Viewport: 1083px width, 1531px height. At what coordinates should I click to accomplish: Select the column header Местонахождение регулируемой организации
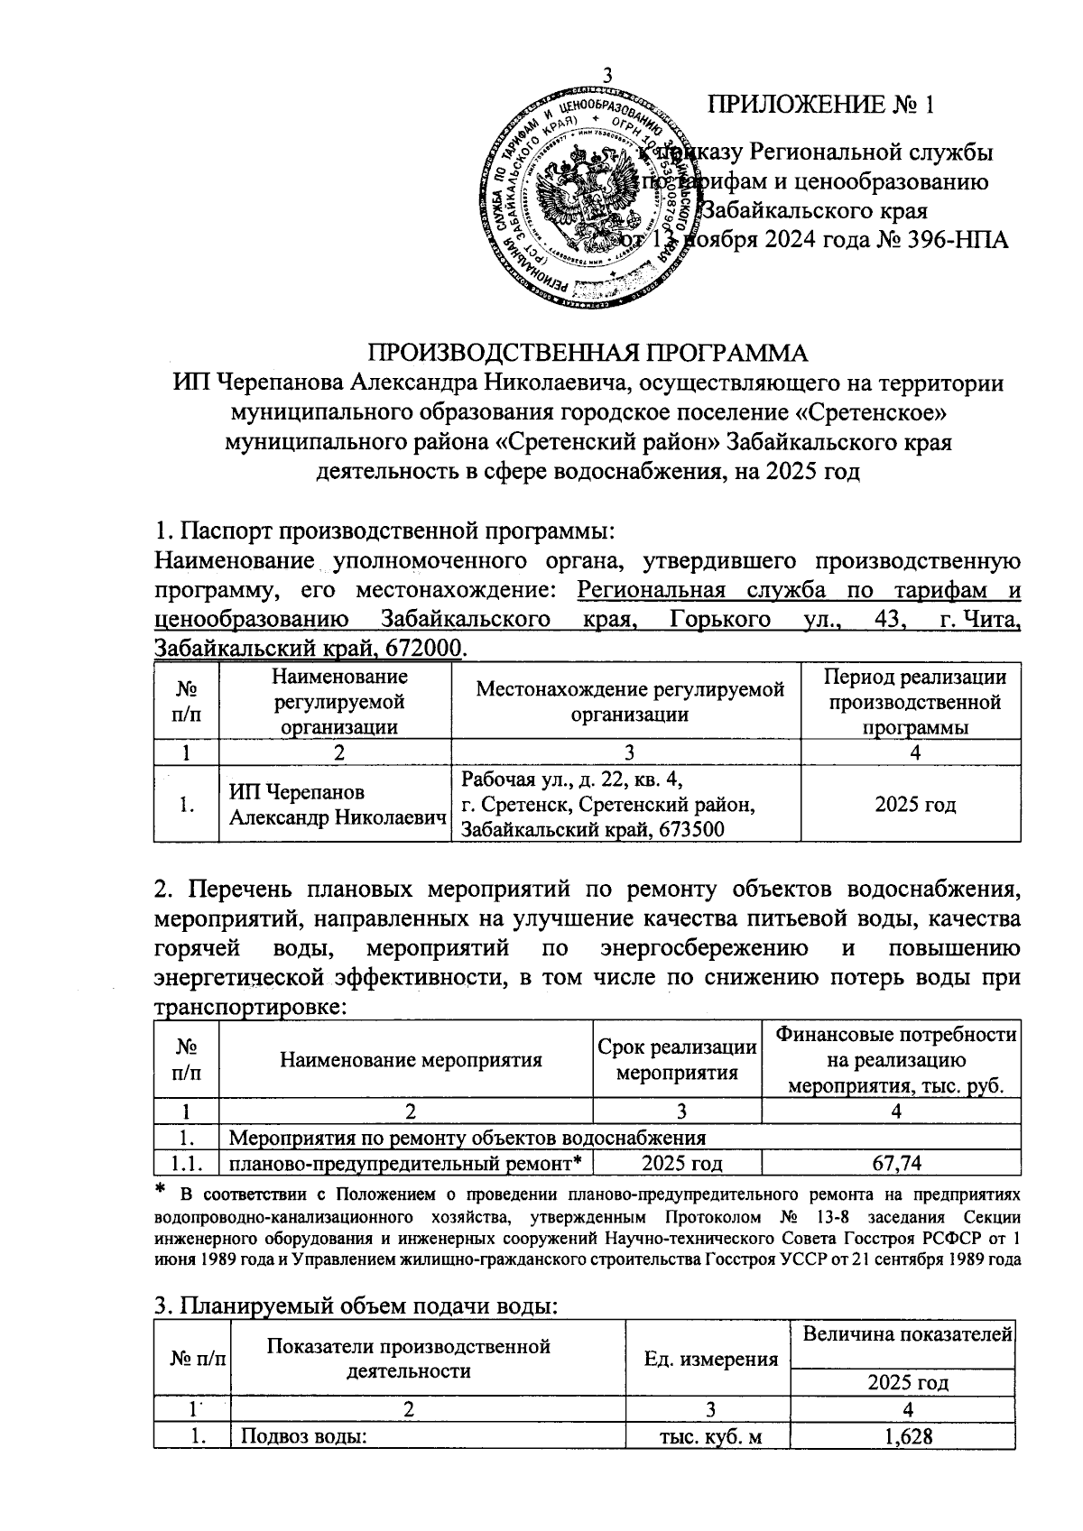(x=630, y=701)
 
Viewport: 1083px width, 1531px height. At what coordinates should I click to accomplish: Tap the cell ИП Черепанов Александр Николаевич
(x=336, y=804)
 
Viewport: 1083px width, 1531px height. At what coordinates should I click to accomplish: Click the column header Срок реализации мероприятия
(x=677, y=1059)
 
